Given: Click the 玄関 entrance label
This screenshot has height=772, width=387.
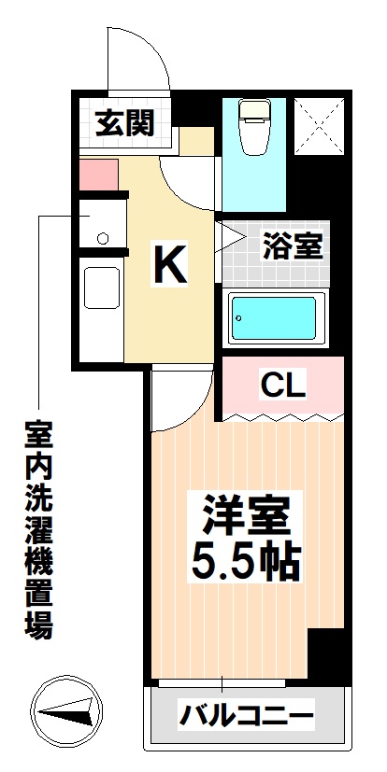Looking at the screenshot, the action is (125, 123).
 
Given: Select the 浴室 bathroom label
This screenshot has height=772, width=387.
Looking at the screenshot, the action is (293, 246).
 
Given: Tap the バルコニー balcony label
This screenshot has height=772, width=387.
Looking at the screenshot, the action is (247, 714).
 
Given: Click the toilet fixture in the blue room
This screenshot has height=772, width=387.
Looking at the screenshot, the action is (254, 127).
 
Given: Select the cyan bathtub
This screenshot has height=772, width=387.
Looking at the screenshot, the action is (274, 318).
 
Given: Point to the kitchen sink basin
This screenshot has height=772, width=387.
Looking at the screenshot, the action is (102, 288).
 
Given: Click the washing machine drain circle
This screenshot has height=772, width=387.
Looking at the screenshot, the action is (103, 238).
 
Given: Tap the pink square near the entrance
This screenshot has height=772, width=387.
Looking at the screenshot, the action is (98, 175).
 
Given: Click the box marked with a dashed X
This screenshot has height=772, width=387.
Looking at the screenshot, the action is (320, 127).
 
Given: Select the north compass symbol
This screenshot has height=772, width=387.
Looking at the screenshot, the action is (66, 712).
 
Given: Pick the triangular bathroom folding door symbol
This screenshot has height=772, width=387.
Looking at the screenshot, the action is (230, 238).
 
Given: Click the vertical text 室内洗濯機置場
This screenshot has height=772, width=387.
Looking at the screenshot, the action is (38, 530).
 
